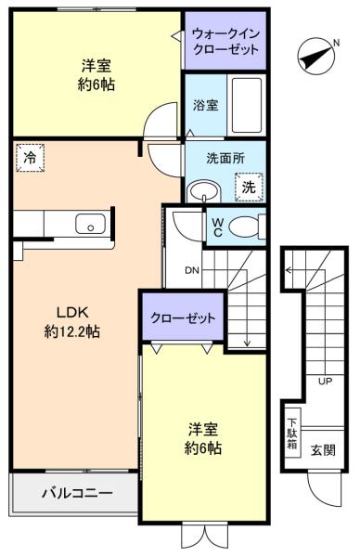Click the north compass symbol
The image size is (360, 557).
click(x=316, y=57)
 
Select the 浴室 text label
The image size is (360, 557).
click(x=205, y=105)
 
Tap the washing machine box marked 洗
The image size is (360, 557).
click(x=249, y=187)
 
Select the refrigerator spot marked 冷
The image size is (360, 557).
click(x=30, y=159)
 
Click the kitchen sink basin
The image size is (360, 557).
click(x=89, y=224)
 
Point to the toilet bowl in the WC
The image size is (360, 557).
click(x=244, y=225)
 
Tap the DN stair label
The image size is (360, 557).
click(x=192, y=271)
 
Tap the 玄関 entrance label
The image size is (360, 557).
click(x=323, y=450)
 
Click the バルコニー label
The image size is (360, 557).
click(x=76, y=492)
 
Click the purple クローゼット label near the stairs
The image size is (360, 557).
click(x=183, y=317)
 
